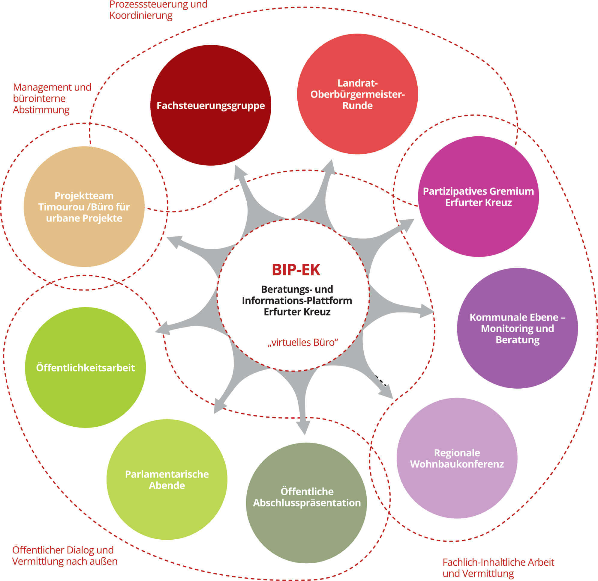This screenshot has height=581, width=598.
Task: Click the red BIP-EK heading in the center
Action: click(296, 270)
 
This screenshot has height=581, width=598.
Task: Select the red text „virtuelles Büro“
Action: click(303, 342)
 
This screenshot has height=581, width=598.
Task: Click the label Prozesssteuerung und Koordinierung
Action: click(158, 10)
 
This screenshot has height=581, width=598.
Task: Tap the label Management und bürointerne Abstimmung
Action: click(52, 98)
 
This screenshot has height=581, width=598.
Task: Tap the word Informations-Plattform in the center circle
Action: click(297, 301)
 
